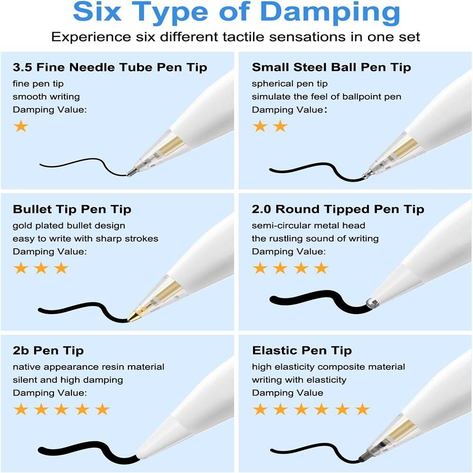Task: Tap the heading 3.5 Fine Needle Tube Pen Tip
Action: [110, 67]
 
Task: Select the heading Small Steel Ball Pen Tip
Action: [331, 67]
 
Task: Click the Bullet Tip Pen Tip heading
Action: [72, 209]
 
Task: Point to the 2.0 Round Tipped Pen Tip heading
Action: [338, 209]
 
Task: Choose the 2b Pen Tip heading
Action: [48, 350]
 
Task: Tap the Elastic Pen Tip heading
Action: [302, 350]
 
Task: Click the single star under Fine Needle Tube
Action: [21, 126]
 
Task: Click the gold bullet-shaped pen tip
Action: [134, 316]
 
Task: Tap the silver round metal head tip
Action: [371, 303]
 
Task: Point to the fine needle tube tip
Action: [131, 173]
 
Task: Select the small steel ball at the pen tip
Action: [366, 176]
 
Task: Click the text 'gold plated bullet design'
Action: [69, 226]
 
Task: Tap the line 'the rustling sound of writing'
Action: [315, 238]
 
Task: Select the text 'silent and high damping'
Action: [68, 379]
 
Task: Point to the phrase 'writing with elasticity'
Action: [299, 379]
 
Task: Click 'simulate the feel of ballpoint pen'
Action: [326, 96]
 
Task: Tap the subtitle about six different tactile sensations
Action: [236, 37]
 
